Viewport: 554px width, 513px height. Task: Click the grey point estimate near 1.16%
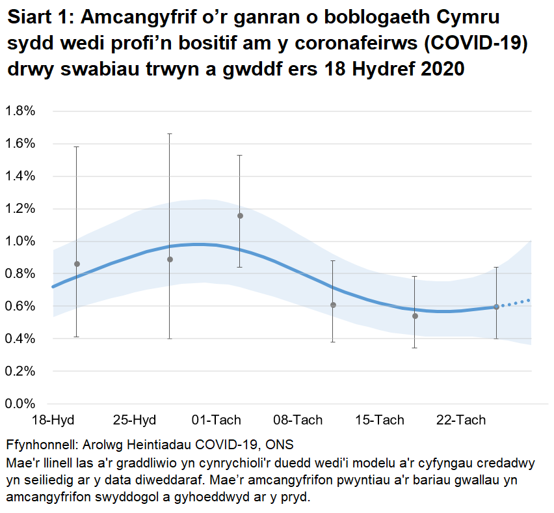click(240, 215)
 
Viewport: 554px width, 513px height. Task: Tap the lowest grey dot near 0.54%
click(415, 316)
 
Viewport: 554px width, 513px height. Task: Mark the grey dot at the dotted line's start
click(496, 307)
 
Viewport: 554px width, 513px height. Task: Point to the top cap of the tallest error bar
click(170, 133)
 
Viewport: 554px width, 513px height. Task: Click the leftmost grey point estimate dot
click(77, 264)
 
